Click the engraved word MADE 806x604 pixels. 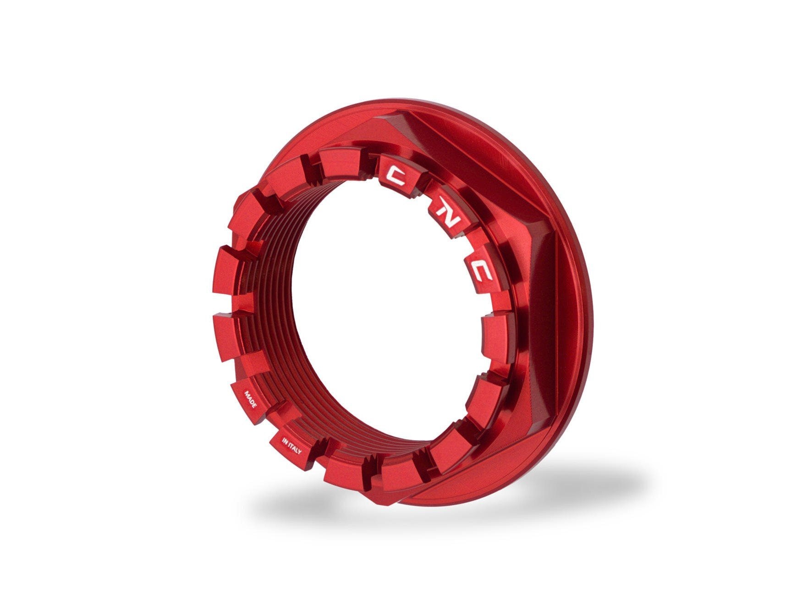[252, 400]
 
